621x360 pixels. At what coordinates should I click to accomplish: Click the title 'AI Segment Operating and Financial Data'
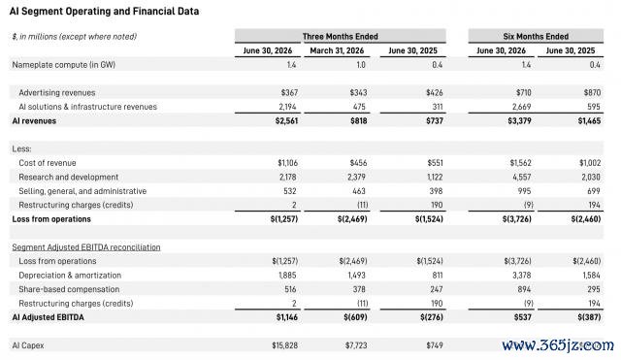pos(104,11)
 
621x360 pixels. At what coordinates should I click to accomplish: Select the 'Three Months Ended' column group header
pos(341,37)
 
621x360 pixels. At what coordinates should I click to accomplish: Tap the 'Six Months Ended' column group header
pos(536,37)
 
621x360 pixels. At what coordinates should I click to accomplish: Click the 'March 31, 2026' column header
pos(337,50)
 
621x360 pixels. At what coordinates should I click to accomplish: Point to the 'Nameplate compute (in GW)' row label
pos(64,65)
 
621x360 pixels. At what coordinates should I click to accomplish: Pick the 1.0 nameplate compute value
pos(360,65)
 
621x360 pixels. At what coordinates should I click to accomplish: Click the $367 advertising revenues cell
pos(289,93)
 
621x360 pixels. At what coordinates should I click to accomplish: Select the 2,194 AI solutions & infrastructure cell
pos(287,107)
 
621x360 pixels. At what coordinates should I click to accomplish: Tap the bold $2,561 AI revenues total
pos(286,120)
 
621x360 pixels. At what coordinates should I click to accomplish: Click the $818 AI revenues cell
pos(358,120)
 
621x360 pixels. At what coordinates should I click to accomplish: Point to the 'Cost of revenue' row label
pos(48,163)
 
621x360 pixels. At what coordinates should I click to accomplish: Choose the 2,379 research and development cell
pos(356,177)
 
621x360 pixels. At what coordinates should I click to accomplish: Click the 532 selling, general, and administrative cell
pos(290,191)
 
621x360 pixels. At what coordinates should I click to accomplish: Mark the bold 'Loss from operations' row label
pos(51,219)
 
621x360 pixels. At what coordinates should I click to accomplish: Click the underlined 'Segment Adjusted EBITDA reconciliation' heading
pos(86,247)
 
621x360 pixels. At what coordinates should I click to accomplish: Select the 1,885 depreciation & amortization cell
pos(287,276)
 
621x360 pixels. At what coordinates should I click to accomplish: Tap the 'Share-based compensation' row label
pos(69,289)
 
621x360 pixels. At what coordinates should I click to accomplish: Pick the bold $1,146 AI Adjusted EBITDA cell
pos(287,317)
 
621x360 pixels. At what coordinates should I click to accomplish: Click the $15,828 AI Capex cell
pos(284,345)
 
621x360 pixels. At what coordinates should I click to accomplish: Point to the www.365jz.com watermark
pos(558,345)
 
